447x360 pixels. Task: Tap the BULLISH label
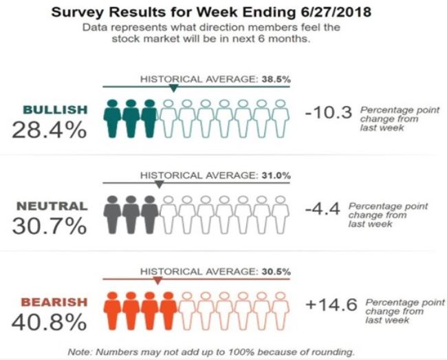click(x=55, y=109)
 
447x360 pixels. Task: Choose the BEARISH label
click(x=55, y=302)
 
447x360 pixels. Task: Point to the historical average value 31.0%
click(x=275, y=176)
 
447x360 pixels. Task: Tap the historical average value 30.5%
click(x=275, y=272)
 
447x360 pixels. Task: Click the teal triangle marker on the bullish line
click(x=174, y=89)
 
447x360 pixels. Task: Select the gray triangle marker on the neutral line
click(x=160, y=184)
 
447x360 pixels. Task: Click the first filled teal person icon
click(x=113, y=118)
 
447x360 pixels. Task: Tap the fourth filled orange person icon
click(x=168, y=311)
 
